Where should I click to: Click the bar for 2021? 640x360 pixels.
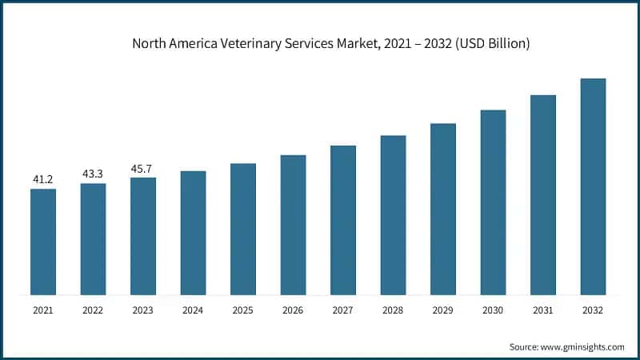click(43, 241)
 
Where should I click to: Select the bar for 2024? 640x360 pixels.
click(193, 232)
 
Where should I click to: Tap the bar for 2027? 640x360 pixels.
click(343, 219)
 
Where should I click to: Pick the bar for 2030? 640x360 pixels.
click(493, 202)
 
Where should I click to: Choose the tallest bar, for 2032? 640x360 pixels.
click(593, 186)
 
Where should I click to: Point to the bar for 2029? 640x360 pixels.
click(443, 208)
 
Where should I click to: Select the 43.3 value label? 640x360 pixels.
click(93, 174)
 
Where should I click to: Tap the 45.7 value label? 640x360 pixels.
click(143, 169)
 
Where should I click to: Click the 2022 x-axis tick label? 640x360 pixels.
click(93, 309)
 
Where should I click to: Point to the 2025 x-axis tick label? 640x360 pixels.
click(243, 309)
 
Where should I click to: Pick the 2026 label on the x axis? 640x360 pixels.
click(293, 309)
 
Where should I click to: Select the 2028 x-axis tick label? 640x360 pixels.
click(393, 309)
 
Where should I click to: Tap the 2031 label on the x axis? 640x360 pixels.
click(543, 309)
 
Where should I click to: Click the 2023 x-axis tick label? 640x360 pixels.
click(143, 309)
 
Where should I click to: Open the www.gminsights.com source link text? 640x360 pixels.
click(582, 346)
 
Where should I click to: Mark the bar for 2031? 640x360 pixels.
click(543, 194)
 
